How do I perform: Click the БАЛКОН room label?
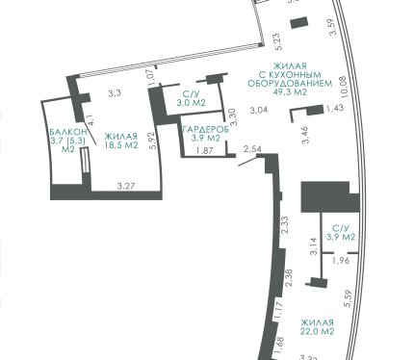pos(68,132)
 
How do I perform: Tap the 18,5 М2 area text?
pos(121,145)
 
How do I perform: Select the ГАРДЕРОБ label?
pos(206,130)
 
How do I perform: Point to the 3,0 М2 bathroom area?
pos(191,103)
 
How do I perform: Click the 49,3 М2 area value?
pos(290,92)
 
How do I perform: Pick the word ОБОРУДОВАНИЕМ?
pos(290,84)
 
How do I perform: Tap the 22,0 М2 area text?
pos(318,331)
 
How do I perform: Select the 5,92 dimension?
pos(153,141)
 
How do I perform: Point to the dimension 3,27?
pos(126,187)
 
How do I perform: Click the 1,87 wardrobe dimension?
pos(204,151)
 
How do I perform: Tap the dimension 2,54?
pos(252,149)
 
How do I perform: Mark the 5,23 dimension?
pos(279,41)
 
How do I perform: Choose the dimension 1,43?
pos(335,108)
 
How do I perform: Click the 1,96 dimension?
pos(341,261)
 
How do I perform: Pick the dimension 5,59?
pos(349,298)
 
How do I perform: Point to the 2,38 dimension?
pos(289,278)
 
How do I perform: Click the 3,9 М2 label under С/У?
pos(341,237)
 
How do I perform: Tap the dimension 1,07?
pos(153,77)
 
